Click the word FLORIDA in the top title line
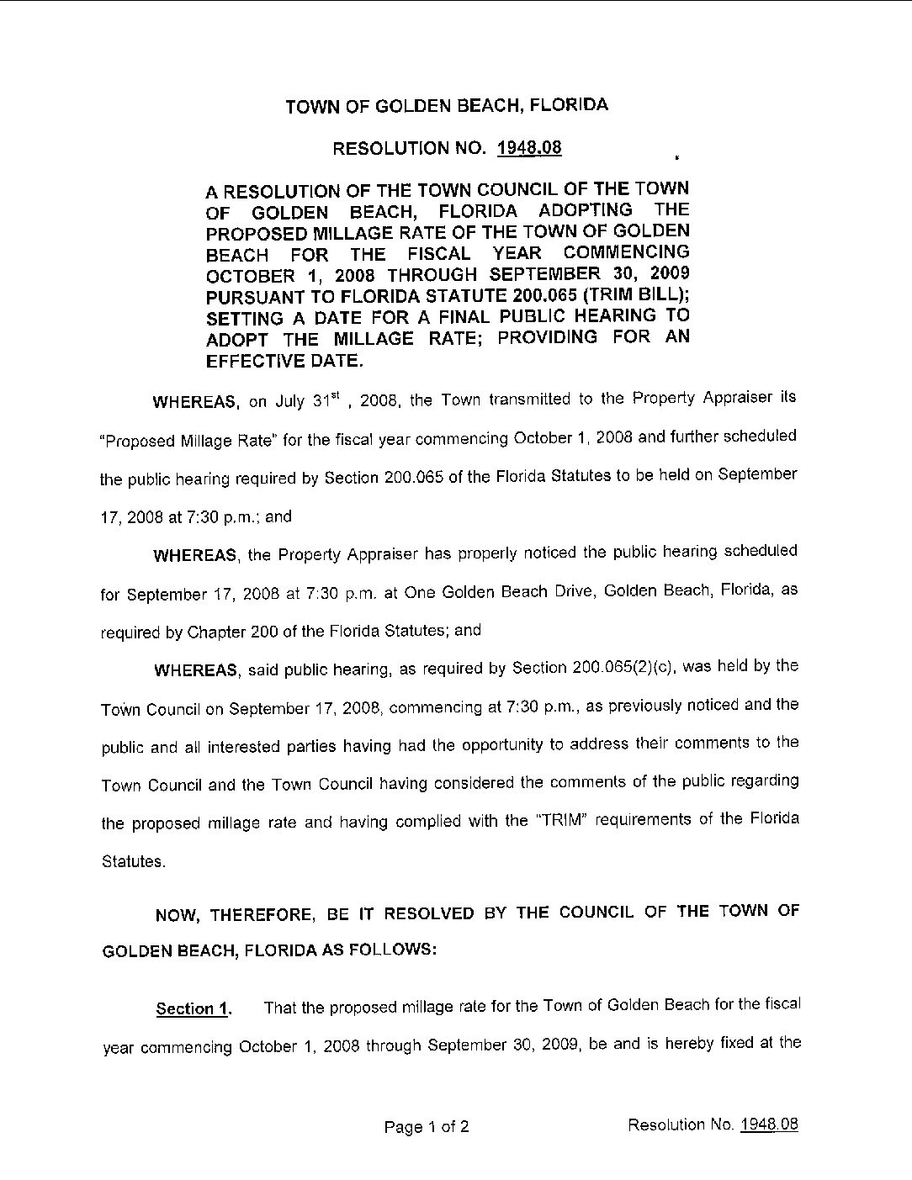[568, 105]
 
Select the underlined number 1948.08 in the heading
[529, 148]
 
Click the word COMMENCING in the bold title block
[627, 252]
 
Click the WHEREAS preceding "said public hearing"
[195, 670]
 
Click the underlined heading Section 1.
[194, 1008]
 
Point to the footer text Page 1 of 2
[426, 1126]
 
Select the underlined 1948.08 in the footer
[769, 1124]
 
